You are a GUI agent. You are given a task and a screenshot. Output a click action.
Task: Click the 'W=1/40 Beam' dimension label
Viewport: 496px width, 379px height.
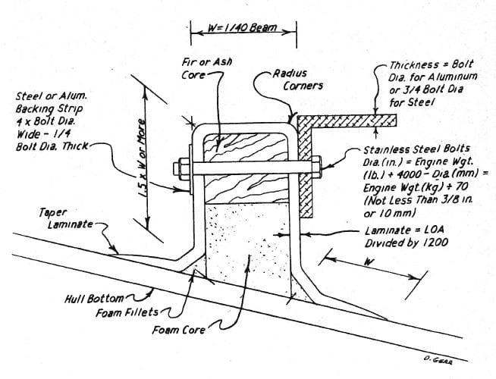click(242, 28)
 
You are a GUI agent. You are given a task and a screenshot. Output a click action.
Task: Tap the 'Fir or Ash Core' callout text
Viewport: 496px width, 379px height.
click(206, 68)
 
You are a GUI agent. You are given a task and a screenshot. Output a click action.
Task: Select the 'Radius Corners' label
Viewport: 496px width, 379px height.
click(298, 80)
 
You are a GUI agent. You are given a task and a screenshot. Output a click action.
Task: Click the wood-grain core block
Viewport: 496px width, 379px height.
click(246, 168)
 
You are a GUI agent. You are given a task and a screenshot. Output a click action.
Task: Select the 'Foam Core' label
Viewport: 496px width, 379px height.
click(179, 330)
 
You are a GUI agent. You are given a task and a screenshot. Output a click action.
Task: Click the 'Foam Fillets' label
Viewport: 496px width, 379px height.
click(127, 313)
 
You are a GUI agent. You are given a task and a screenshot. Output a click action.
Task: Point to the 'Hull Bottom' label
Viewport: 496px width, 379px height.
click(94, 299)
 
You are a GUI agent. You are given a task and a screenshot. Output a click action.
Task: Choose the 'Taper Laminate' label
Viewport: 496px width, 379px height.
click(66, 218)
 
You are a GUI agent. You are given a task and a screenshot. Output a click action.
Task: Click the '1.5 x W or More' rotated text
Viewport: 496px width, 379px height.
click(143, 158)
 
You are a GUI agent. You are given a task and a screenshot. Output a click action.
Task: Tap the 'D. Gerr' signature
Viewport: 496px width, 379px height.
click(438, 360)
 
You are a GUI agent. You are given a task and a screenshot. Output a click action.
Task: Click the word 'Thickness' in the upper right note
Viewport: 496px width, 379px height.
click(410, 65)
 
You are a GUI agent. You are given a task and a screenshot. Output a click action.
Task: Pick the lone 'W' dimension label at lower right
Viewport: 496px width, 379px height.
click(368, 262)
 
